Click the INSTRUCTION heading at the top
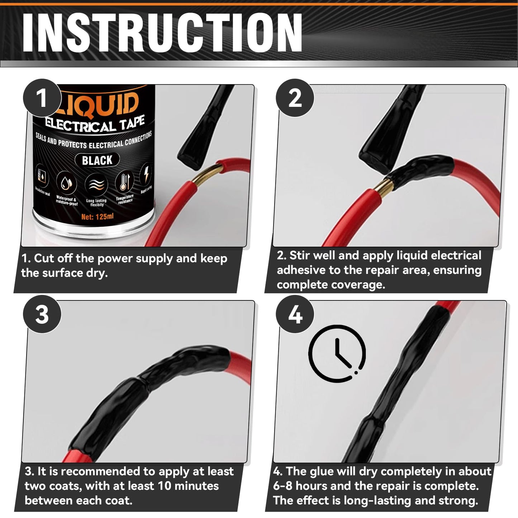[x=162, y=33]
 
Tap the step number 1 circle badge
[x=42, y=98]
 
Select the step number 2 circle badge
[x=295, y=98]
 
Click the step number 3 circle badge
[x=42, y=314]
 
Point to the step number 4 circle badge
[x=295, y=314]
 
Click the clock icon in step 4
[x=337, y=353]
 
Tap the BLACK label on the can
[x=97, y=160]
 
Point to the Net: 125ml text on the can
[x=97, y=217]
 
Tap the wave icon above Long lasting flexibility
[x=96, y=185]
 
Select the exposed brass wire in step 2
[x=383, y=185]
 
